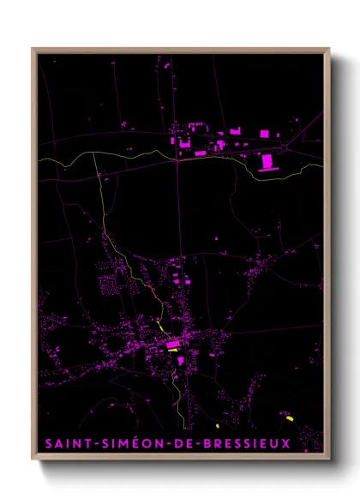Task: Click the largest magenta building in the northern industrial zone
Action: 266,161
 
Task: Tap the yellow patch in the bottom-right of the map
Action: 290,417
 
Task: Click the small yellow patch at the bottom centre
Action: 218,424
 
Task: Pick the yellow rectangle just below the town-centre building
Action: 174,352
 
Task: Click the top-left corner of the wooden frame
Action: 33,49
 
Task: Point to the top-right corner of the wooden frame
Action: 329,49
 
